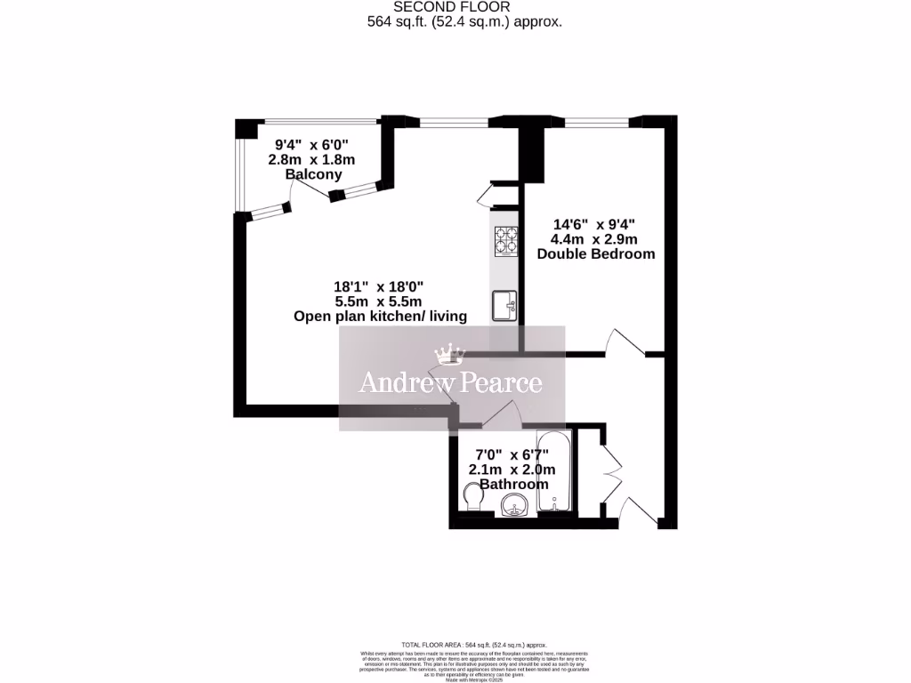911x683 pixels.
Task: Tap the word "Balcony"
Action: (x=313, y=175)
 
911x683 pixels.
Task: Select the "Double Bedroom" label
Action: (x=595, y=253)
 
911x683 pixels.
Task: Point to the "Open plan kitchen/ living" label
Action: (x=380, y=317)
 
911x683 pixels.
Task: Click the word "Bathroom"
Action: (x=513, y=485)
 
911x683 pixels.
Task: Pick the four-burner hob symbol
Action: (x=507, y=241)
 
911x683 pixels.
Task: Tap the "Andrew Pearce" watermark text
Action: (x=450, y=383)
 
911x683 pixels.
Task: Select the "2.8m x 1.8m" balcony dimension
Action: (x=311, y=160)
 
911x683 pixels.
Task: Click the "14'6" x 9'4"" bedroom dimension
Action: (x=595, y=224)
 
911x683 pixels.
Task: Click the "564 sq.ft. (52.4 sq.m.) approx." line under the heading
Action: (x=464, y=22)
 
